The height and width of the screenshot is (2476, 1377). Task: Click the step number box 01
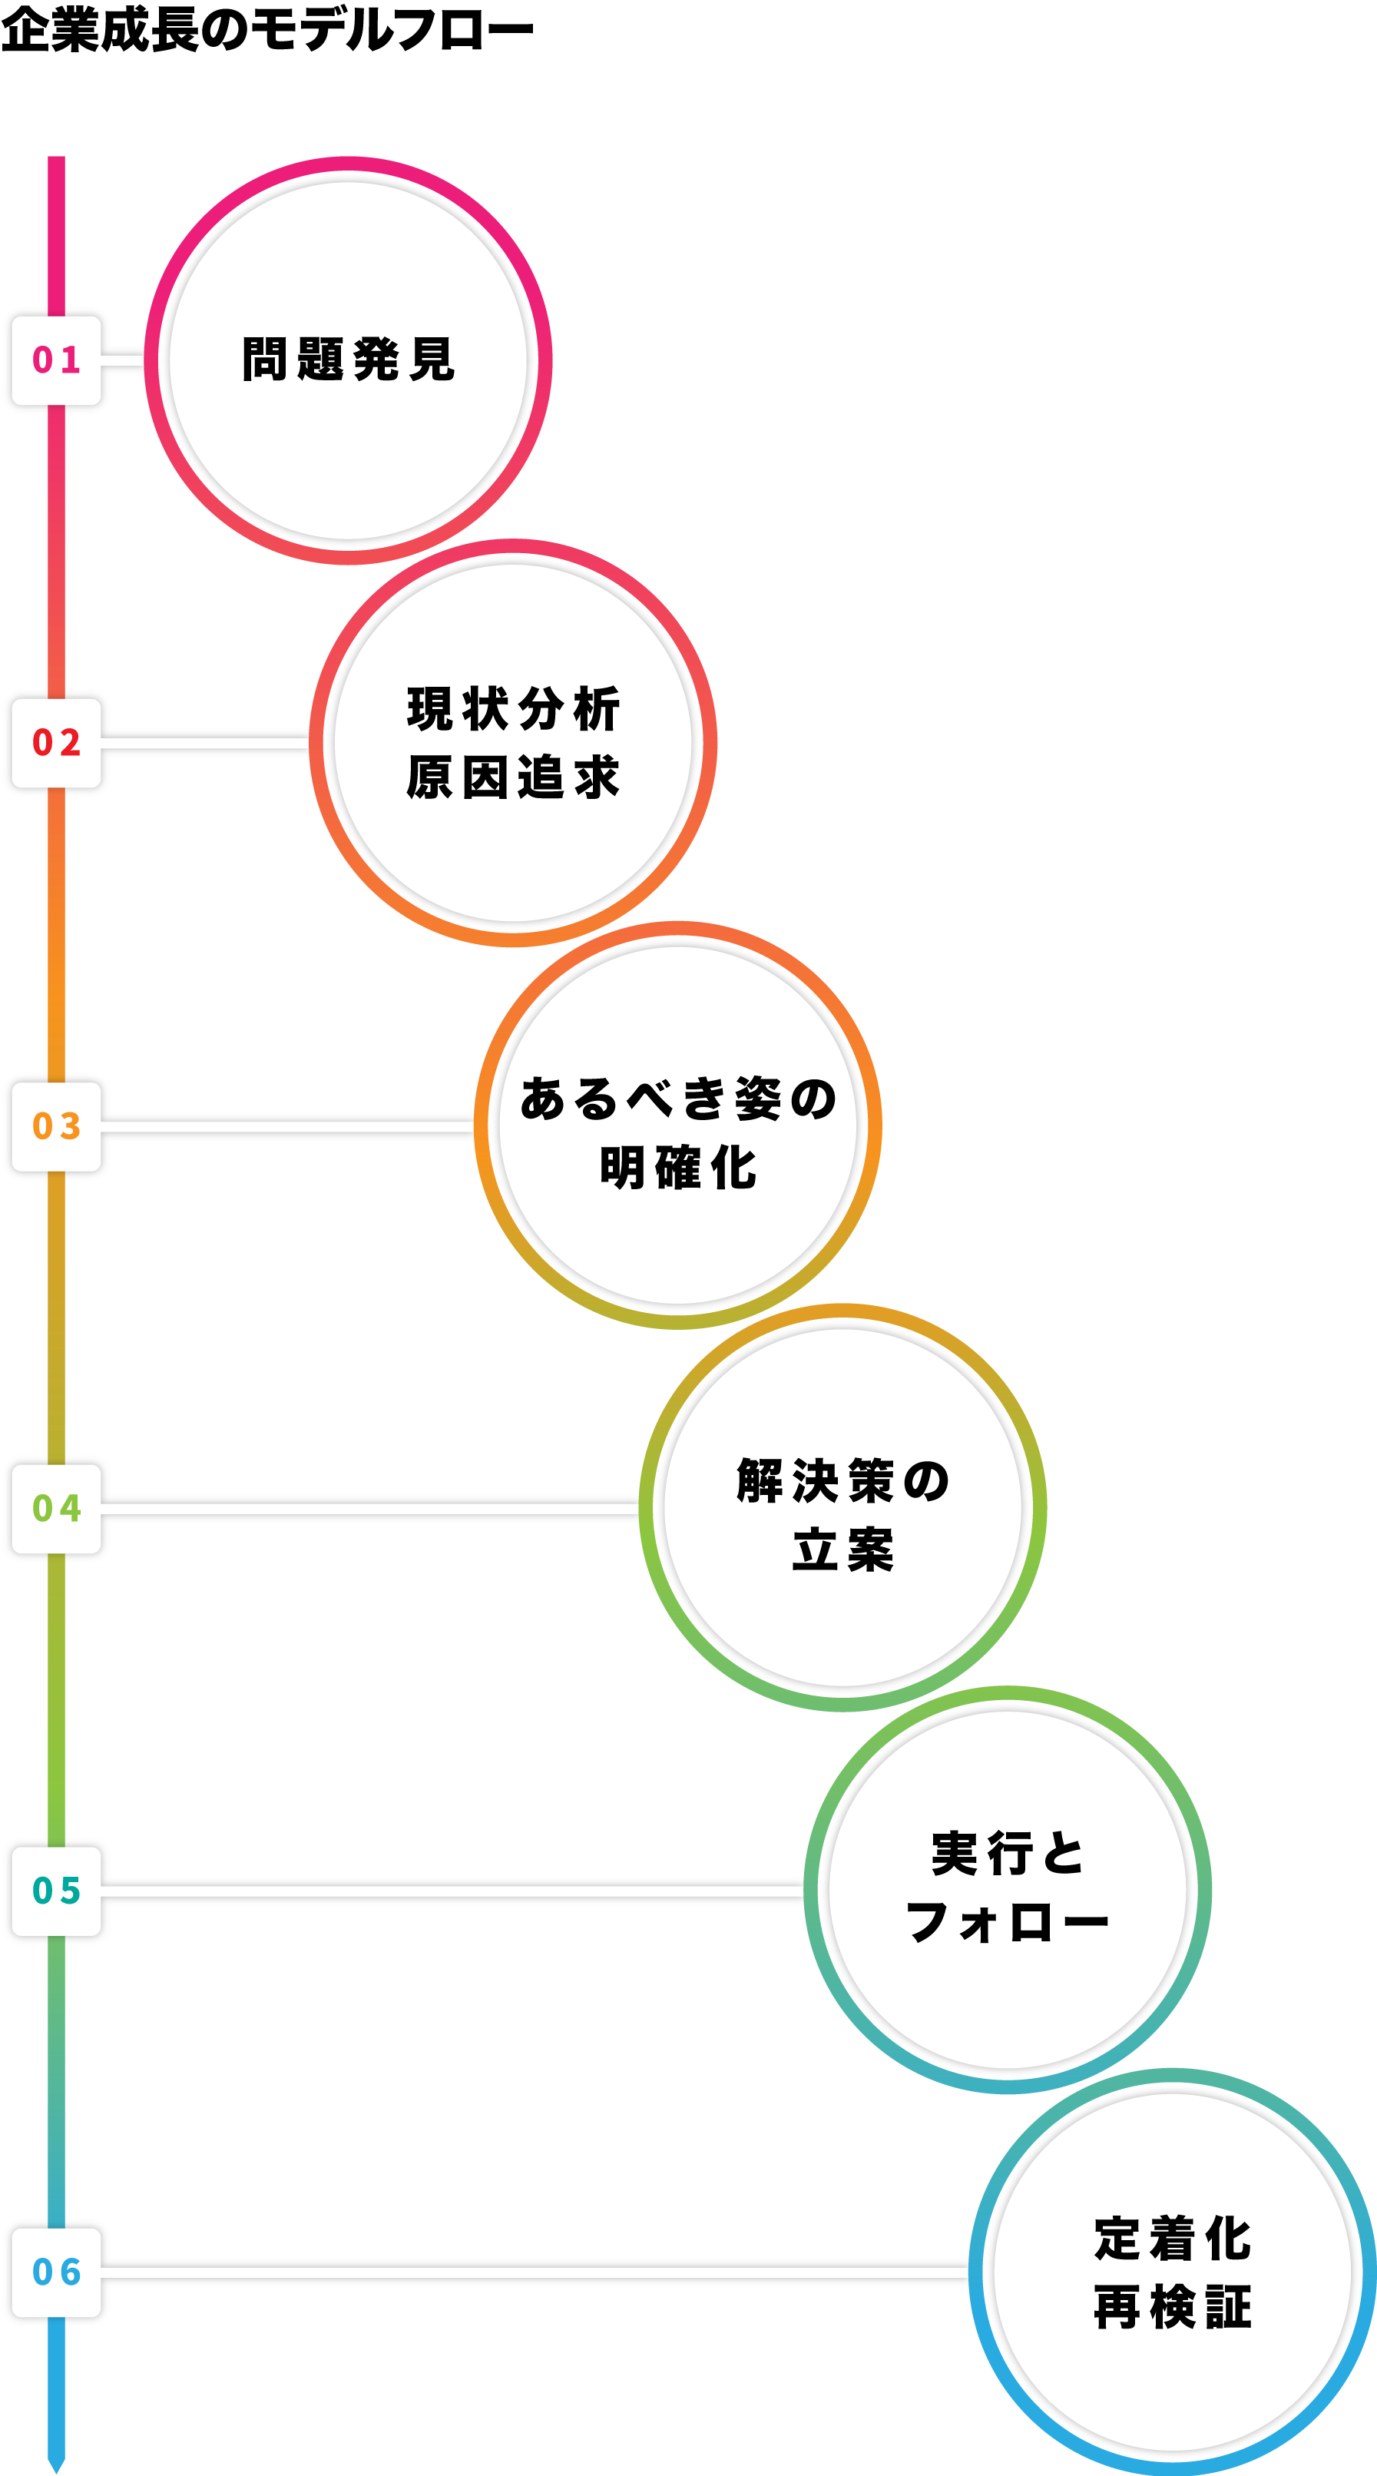(56, 360)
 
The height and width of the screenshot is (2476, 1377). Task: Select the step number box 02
(56, 743)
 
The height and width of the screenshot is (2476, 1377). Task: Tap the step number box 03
(56, 1125)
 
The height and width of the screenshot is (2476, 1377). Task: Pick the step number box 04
(56, 1508)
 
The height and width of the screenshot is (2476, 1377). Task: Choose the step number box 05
(56, 1891)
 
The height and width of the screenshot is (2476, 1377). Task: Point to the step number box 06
(56, 2272)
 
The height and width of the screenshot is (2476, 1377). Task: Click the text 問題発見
(348, 360)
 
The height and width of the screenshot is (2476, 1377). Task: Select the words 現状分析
(513, 709)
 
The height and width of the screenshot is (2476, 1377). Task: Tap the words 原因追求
(513, 777)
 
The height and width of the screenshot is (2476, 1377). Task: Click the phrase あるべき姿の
(678, 1099)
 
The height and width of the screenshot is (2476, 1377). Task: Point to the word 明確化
(678, 1168)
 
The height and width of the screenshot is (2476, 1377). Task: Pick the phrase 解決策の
(842, 1481)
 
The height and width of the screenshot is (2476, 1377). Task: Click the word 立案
(842, 1550)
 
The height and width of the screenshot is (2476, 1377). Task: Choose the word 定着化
(1172, 2239)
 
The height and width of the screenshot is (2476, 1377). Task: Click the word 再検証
(1172, 2307)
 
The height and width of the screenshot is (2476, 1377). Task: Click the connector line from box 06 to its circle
(538, 2273)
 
